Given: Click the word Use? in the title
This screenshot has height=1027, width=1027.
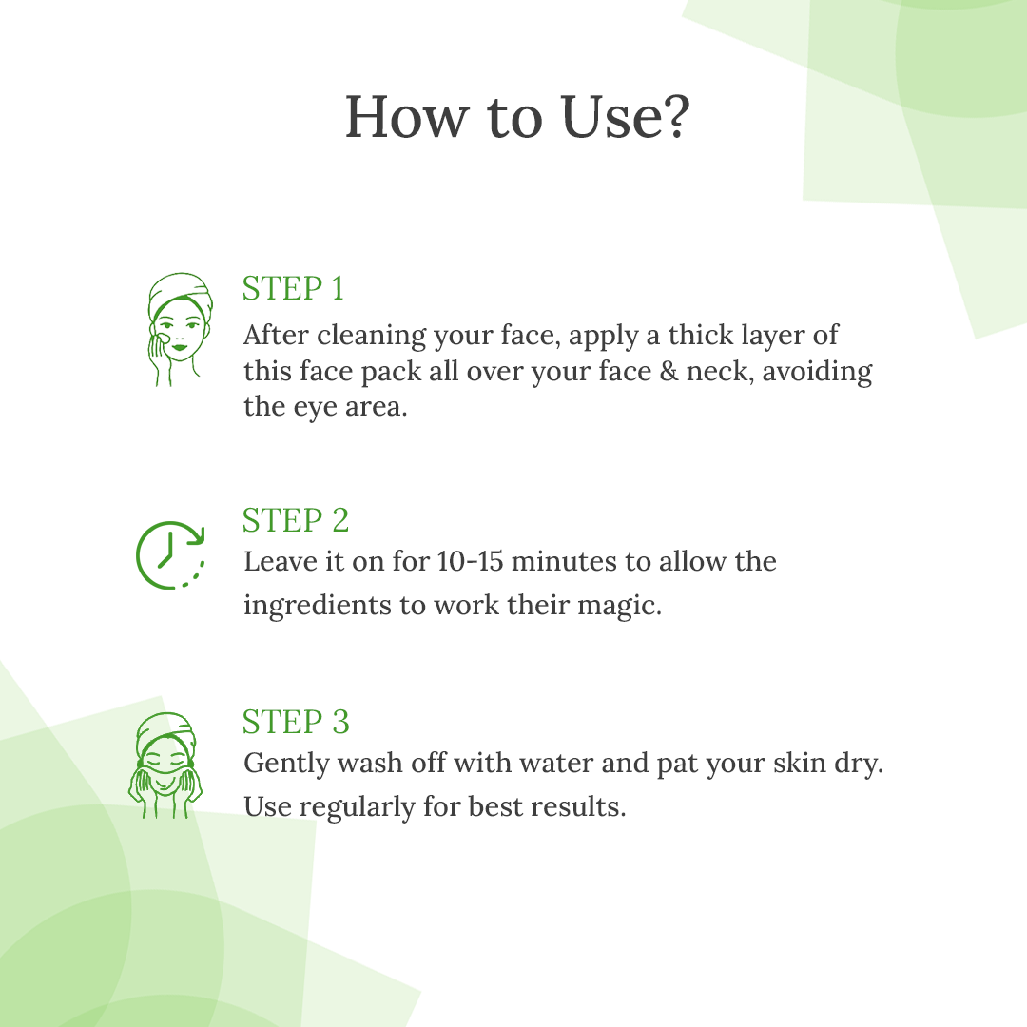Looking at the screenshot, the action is [x=626, y=117].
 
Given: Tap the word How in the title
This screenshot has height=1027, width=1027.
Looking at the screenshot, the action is [x=407, y=117].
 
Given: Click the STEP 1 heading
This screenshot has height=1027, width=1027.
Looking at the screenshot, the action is [x=294, y=289].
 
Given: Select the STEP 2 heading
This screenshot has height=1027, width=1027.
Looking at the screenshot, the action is [x=296, y=521].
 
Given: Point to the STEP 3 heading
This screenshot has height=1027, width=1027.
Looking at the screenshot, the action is [x=296, y=722].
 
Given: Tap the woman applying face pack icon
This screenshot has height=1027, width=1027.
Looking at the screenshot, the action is [x=178, y=329].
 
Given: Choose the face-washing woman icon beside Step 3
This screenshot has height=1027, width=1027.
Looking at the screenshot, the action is [x=165, y=765].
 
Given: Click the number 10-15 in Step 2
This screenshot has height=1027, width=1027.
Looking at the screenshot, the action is [x=471, y=561].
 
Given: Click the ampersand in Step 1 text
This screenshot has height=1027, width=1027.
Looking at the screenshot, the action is [x=669, y=372].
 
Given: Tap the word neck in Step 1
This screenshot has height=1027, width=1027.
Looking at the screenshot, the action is [x=716, y=372].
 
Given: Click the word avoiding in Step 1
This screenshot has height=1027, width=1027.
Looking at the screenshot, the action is [x=818, y=372].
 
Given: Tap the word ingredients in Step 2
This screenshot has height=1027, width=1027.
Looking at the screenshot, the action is [x=321, y=606].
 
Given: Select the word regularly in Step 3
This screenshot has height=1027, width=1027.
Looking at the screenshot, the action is [x=357, y=807].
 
